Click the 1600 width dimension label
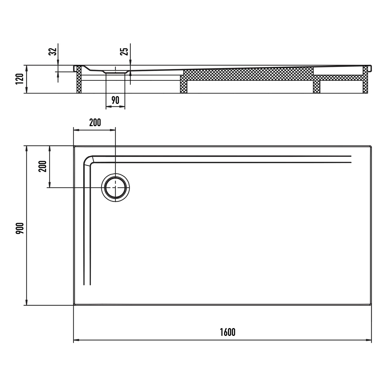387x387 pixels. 228,332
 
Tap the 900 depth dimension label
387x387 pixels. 20,228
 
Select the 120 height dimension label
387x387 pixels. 20,79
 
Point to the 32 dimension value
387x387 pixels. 53,52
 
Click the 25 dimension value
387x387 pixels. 124,52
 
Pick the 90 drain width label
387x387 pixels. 115,100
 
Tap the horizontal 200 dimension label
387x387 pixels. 95,123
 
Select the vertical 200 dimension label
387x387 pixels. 43,166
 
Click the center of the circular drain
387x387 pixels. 115,188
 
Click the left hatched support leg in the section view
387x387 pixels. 79,79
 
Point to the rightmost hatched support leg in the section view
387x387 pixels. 365,79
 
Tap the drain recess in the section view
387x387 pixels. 115,72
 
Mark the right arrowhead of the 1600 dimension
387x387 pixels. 369,340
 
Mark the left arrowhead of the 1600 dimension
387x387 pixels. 76,340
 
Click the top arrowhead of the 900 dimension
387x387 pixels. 26,149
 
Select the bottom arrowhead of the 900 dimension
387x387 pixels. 26,302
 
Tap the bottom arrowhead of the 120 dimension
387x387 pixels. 26,90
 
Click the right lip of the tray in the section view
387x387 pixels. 370,68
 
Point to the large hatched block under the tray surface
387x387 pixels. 248,75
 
